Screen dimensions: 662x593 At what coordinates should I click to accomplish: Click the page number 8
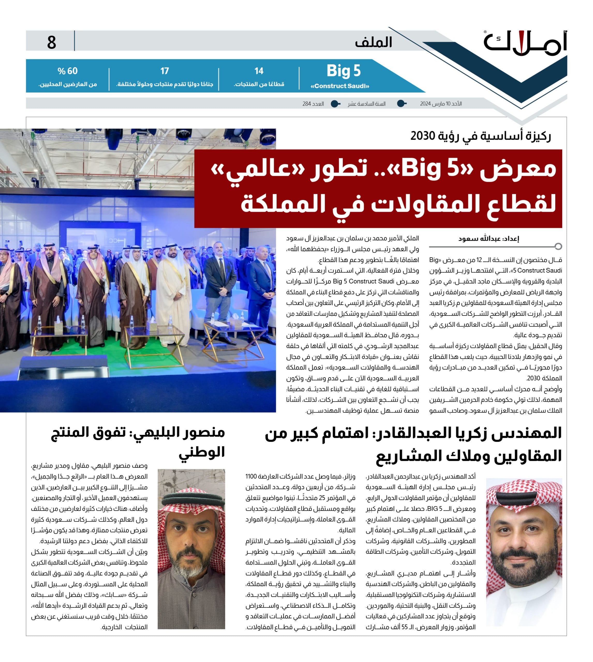point(51,42)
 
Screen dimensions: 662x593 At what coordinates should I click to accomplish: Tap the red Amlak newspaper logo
point(525,44)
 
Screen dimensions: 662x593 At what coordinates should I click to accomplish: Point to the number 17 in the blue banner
point(165,71)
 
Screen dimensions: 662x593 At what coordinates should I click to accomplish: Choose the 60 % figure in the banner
point(68,71)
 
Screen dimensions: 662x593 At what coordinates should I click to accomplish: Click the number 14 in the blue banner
point(259,71)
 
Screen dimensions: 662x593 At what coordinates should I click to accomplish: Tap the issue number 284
point(307,104)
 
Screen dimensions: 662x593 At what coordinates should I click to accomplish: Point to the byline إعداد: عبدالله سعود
point(488,239)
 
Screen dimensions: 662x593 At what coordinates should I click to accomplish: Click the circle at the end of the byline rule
point(558,246)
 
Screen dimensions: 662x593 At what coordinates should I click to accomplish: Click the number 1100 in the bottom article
point(251,476)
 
